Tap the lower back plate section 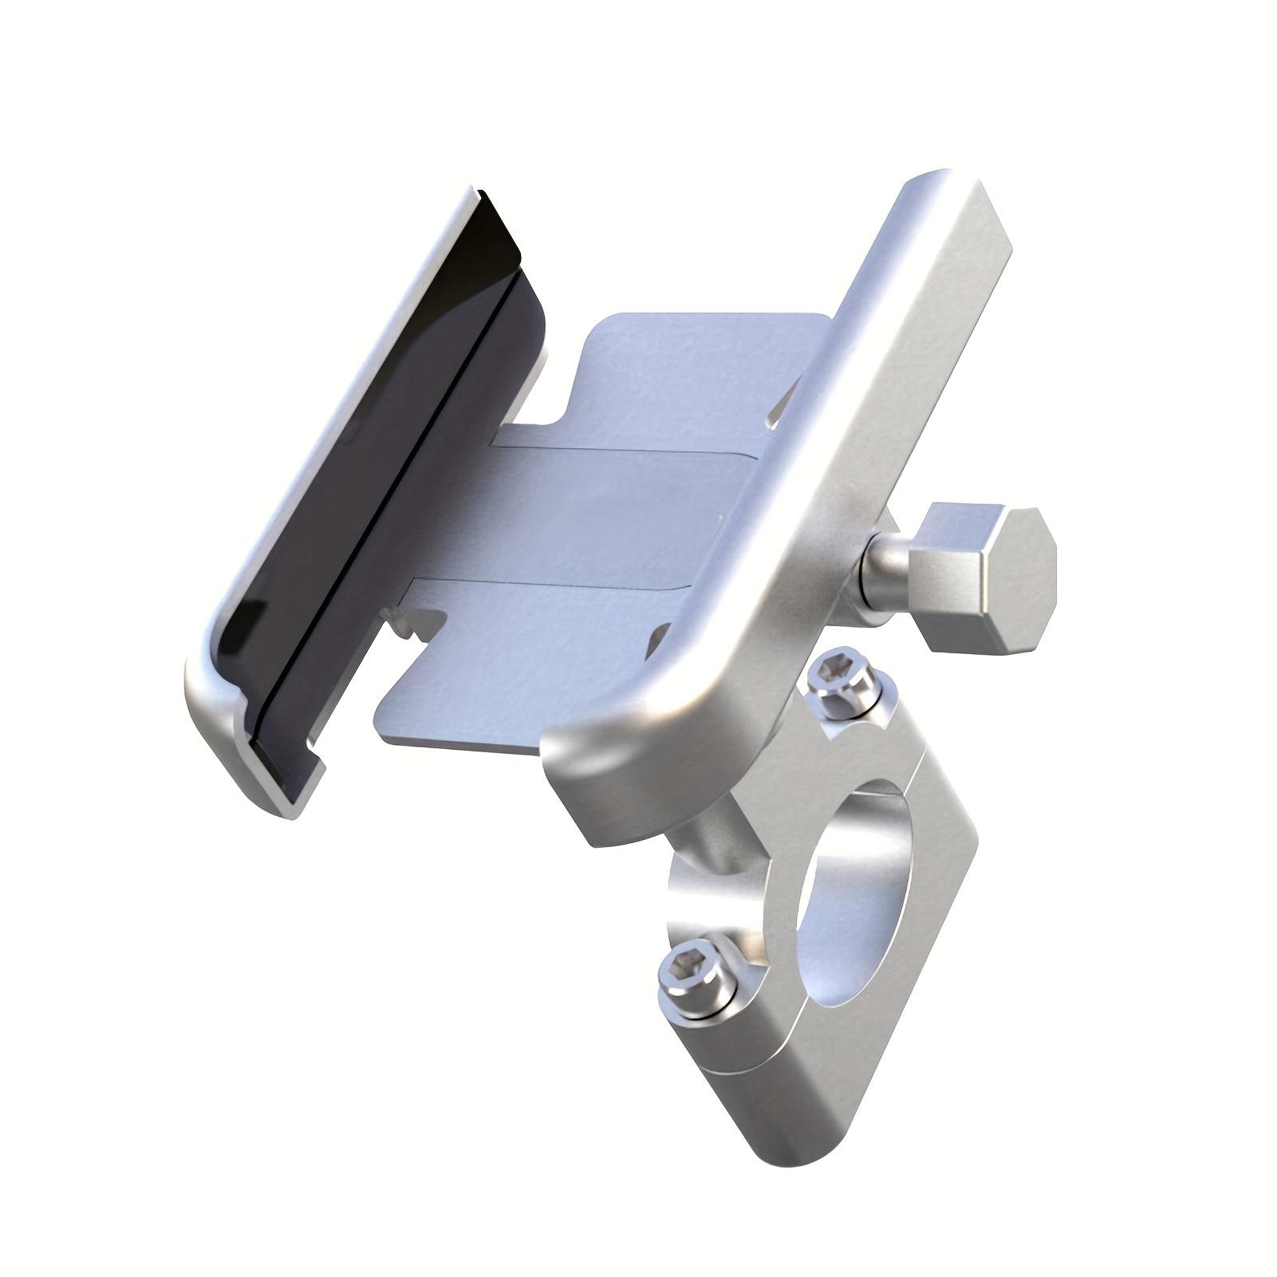(x=518, y=678)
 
